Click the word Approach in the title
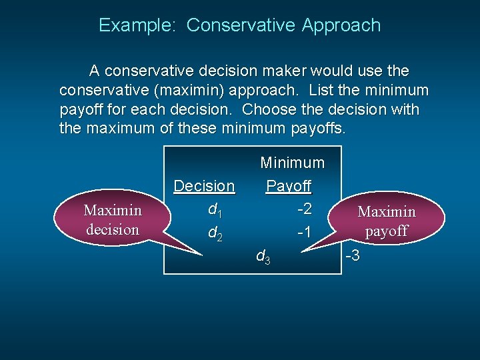pos(341,26)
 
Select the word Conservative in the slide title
pos(241,25)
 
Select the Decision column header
pos(204,186)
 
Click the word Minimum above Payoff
pos(292,163)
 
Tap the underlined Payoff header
pos(289,186)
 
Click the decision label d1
pos(215,210)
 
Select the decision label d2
pos(215,233)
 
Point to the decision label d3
pos(263,256)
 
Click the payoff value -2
pos(303,209)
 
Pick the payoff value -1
pos(303,232)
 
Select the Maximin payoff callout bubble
pos(387,221)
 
